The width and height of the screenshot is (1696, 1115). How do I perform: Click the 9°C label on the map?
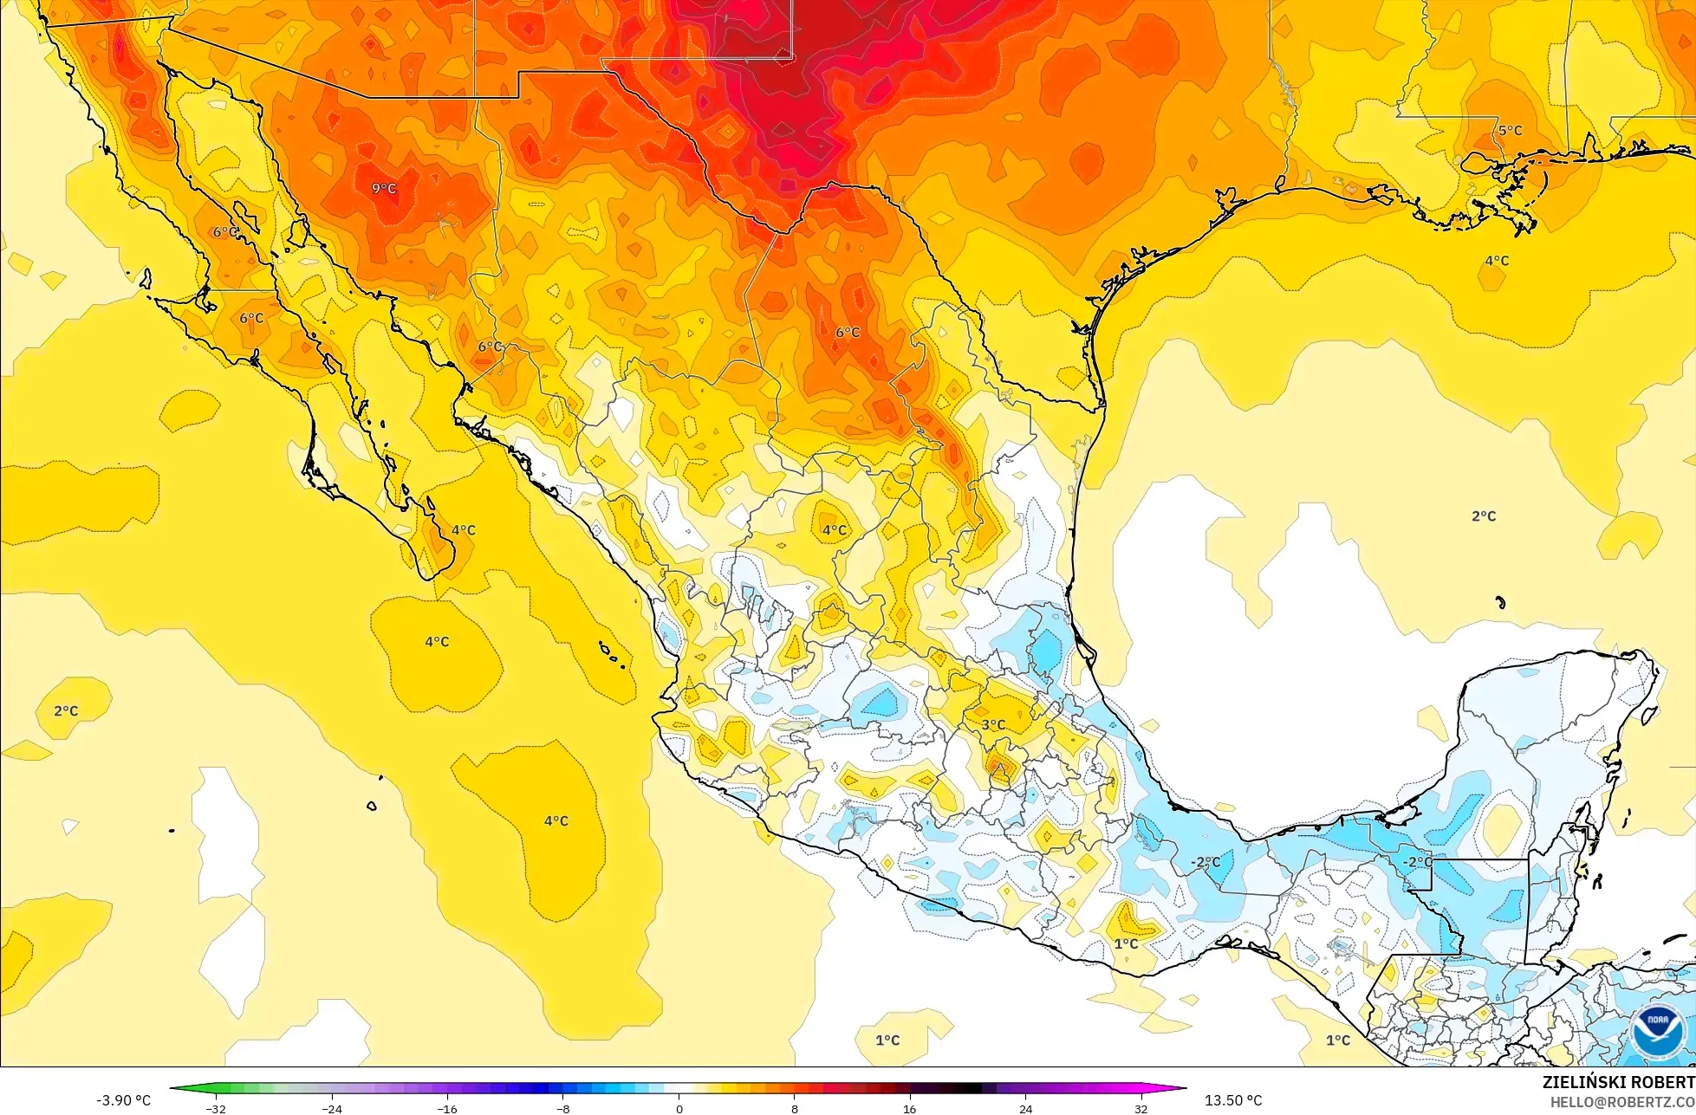[384, 188]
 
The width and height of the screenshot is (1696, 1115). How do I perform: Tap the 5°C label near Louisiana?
[1510, 131]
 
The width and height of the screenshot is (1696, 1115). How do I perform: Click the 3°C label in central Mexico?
[993, 724]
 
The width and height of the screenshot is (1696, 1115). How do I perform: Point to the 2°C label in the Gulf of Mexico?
[1484, 516]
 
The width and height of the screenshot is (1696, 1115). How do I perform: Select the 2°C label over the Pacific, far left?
[66, 710]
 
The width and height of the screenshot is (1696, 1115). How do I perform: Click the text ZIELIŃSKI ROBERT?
[1618, 1082]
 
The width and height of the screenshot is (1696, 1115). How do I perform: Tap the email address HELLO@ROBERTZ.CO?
[1622, 1101]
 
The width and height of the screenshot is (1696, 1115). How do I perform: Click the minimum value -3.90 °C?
[123, 1100]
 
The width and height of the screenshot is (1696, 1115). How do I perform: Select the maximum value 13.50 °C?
[1232, 1100]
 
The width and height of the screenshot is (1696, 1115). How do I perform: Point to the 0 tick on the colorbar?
[679, 1108]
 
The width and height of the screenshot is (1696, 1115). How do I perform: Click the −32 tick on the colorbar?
[215, 1108]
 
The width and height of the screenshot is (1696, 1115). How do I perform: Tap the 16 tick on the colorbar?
[910, 1108]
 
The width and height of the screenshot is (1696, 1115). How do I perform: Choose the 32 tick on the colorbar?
[1140, 1108]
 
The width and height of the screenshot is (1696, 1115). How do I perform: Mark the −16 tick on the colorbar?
[446, 1108]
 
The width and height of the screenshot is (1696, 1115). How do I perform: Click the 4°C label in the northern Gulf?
[1497, 261]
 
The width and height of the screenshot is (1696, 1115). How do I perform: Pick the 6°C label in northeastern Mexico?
[848, 333]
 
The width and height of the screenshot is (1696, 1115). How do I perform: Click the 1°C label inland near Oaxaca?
[1126, 943]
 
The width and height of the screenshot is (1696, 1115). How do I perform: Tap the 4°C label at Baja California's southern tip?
[463, 530]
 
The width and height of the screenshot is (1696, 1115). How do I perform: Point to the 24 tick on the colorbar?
[1025, 1108]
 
